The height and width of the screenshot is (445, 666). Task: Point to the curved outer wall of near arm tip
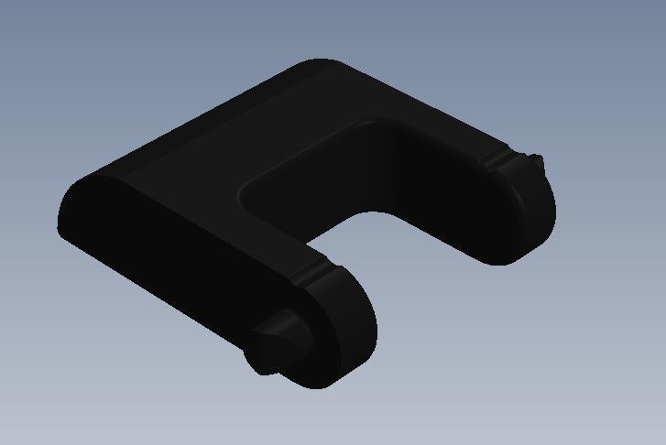click(x=362, y=353)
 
